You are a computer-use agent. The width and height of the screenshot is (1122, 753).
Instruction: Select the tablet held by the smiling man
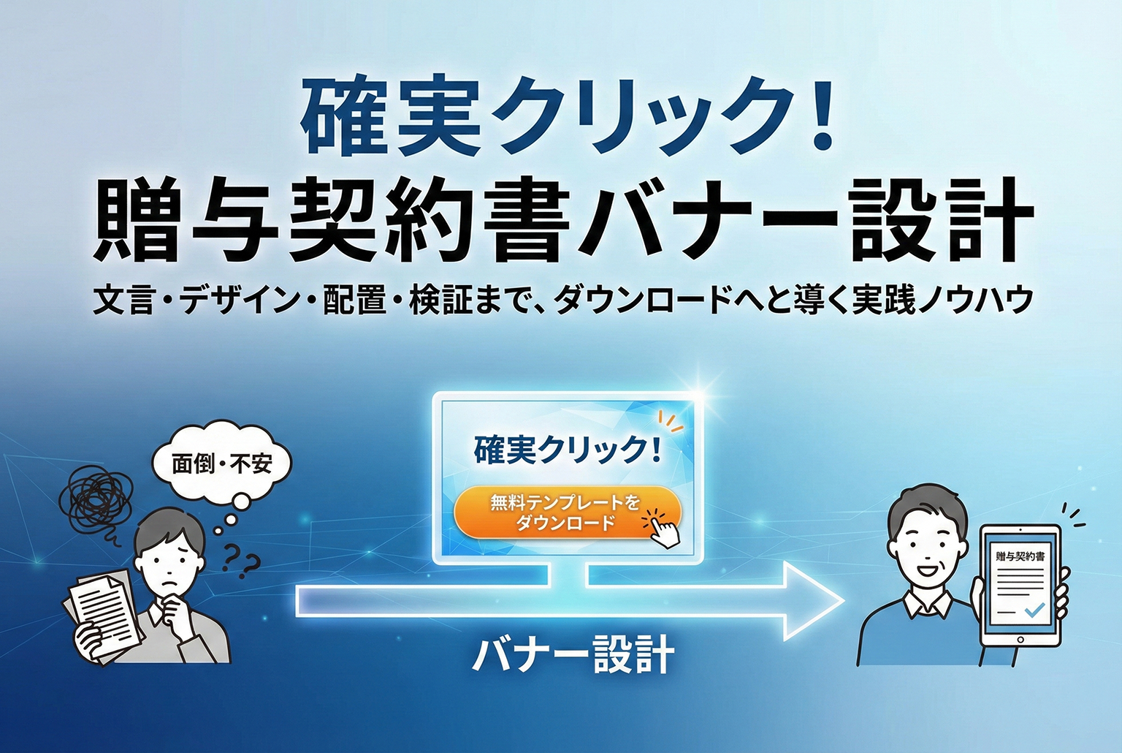[x=1020, y=585]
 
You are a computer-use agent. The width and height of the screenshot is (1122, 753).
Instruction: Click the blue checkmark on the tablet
[x=1034, y=609]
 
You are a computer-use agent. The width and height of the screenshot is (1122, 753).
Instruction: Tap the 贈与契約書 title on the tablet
[x=1020, y=556]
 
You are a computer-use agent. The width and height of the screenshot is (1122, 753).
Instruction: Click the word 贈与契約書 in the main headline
[x=332, y=219]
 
